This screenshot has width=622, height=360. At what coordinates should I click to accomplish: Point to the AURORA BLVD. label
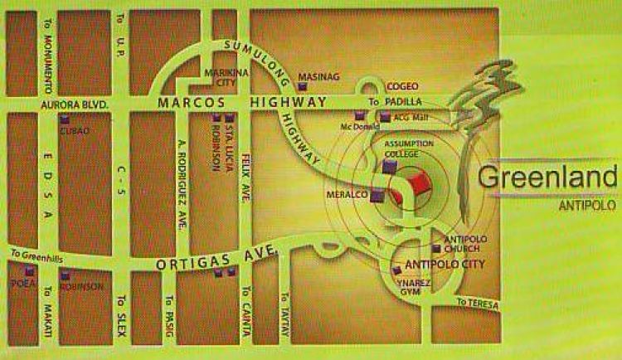[x=69, y=105]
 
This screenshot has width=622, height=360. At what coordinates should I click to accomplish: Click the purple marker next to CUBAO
[x=64, y=120]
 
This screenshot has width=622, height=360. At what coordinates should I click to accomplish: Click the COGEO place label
[x=403, y=85]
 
